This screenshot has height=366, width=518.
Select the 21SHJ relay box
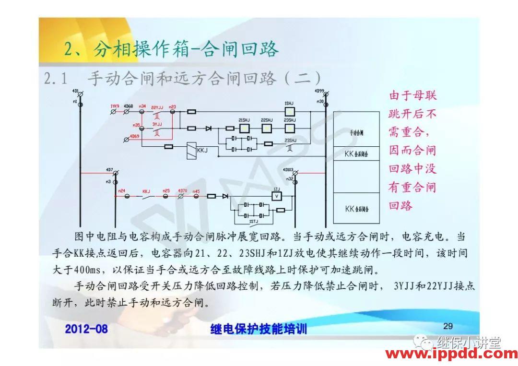[x=244, y=128]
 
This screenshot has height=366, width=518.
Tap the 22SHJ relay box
[x=267, y=128]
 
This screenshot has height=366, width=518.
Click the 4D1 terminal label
[x=75, y=91]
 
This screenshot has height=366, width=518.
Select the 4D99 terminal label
[x=319, y=91]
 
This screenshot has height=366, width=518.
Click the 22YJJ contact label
[x=157, y=106]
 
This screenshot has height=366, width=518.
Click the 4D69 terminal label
[x=134, y=136]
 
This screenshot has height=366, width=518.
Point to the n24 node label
[x=121, y=191]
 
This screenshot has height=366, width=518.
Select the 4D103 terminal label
[x=288, y=169]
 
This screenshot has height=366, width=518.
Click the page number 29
[x=448, y=326]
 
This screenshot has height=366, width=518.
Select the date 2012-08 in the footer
[x=86, y=329]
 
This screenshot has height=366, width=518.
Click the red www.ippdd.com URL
[x=451, y=354]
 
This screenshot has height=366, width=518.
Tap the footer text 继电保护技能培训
[x=259, y=329]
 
